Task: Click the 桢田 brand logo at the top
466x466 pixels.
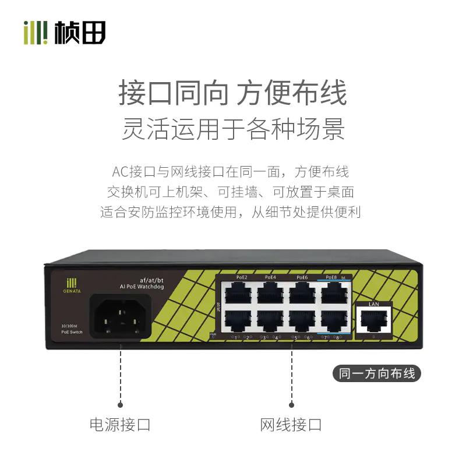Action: (x=64, y=32)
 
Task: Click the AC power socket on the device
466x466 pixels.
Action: (x=120, y=318)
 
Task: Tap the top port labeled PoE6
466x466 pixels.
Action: (x=302, y=291)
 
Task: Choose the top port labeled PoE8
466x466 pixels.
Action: (x=334, y=291)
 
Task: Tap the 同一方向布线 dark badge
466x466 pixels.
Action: (x=376, y=373)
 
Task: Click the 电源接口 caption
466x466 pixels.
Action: (x=120, y=424)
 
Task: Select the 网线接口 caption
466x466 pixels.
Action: (x=291, y=424)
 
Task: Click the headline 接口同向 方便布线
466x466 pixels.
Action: (x=233, y=93)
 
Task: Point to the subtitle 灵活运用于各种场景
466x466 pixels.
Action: (x=233, y=129)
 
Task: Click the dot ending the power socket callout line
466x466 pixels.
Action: (x=120, y=403)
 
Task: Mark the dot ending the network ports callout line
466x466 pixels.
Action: (x=291, y=403)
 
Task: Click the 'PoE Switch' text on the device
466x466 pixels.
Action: (x=72, y=332)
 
